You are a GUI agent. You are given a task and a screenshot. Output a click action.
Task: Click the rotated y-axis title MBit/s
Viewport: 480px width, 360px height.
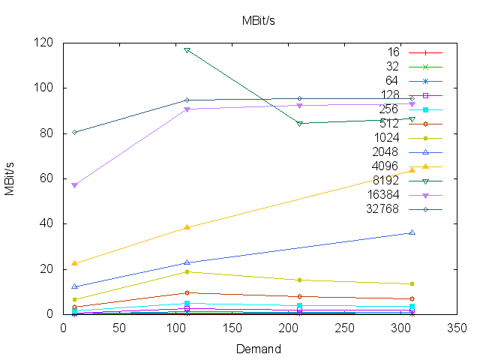pos(10,178)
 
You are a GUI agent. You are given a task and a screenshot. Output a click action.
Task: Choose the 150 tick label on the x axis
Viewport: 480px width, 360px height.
pos(232,328)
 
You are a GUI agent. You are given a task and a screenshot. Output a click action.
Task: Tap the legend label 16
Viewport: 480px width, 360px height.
pos(393,52)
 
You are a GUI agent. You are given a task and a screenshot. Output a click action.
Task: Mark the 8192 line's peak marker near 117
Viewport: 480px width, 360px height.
pos(187,50)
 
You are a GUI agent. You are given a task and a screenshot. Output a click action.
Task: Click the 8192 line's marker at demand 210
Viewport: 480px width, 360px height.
pos(299,123)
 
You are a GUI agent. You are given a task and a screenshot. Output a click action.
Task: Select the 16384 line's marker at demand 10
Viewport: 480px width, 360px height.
pos(74,185)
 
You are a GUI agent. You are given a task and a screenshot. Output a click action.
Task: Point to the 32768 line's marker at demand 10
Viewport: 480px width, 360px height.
pos(74,132)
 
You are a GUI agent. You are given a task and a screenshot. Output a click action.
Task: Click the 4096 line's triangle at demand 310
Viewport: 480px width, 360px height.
pos(412,170)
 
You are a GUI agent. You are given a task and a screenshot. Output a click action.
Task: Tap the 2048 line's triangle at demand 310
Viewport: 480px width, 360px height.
pos(412,232)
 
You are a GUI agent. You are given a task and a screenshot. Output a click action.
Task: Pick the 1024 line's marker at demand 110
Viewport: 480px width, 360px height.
pos(187,271)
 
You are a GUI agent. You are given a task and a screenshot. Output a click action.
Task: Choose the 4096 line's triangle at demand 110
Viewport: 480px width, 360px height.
pos(187,227)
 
